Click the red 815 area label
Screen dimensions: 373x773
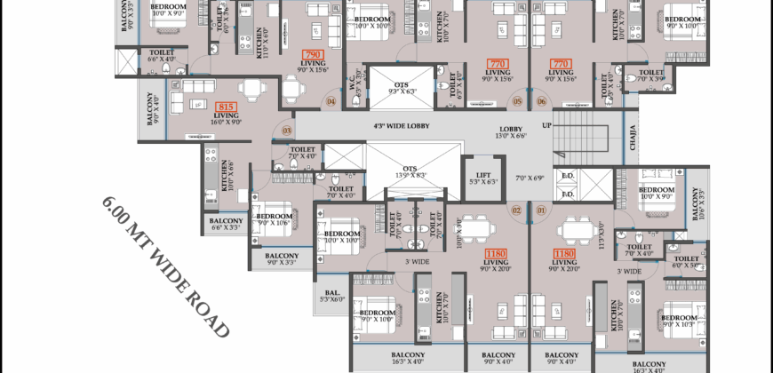point(226,107)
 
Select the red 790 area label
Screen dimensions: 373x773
point(311,55)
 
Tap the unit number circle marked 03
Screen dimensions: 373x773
point(286,131)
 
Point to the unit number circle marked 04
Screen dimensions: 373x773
point(331,101)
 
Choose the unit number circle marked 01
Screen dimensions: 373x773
point(542,210)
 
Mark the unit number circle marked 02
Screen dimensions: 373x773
point(516,210)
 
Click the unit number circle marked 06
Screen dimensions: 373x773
point(542,101)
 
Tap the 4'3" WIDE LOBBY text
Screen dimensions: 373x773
point(402,126)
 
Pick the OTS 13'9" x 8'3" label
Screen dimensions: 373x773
point(410,171)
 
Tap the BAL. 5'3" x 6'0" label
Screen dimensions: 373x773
point(330,295)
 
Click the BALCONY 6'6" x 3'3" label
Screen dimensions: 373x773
point(226,224)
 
